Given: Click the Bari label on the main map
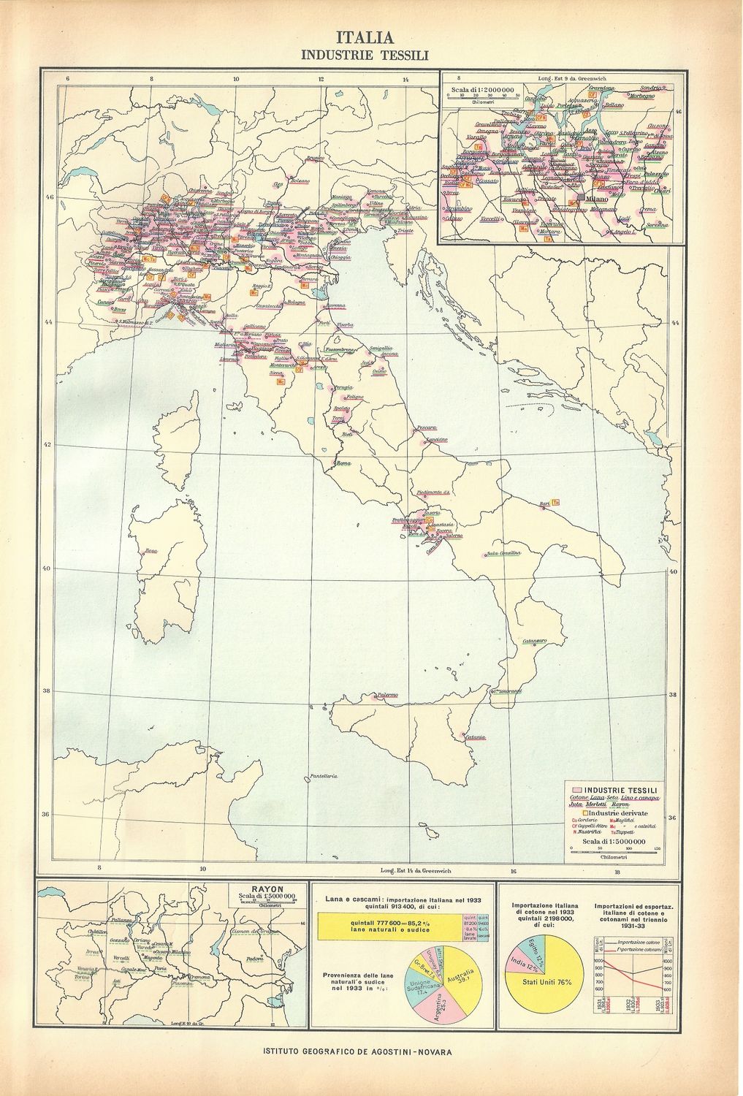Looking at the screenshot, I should pos(544,503).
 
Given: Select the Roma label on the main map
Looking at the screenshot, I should pos(343,463).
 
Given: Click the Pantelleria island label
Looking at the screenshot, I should pos(324,775).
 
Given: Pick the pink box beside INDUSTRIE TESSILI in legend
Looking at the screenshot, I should pos(576,791).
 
